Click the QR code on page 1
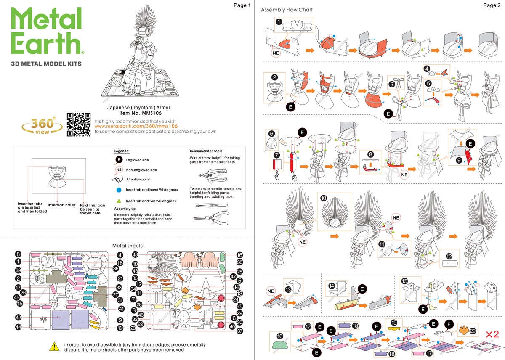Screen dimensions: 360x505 click(x=79, y=125)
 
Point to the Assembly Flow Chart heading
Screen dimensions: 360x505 click(x=287, y=10)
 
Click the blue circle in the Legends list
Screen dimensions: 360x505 click(x=119, y=189)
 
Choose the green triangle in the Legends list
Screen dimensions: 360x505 click(x=119, y=201)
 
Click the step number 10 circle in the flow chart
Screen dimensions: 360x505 click(x=323, y=198)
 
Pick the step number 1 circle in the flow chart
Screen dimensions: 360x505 click(x=279, y=21)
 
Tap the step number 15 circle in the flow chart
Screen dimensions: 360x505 click(x=405, y=281)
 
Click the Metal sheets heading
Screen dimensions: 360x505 click(x=128, y=246)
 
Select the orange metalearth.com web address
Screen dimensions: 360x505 click(x=136, y=126)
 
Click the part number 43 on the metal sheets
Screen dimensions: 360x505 click(x=135, y=254)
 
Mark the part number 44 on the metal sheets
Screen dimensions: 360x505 click(x=18, y=327)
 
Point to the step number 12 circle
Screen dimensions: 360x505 click(x=449, y=256)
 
